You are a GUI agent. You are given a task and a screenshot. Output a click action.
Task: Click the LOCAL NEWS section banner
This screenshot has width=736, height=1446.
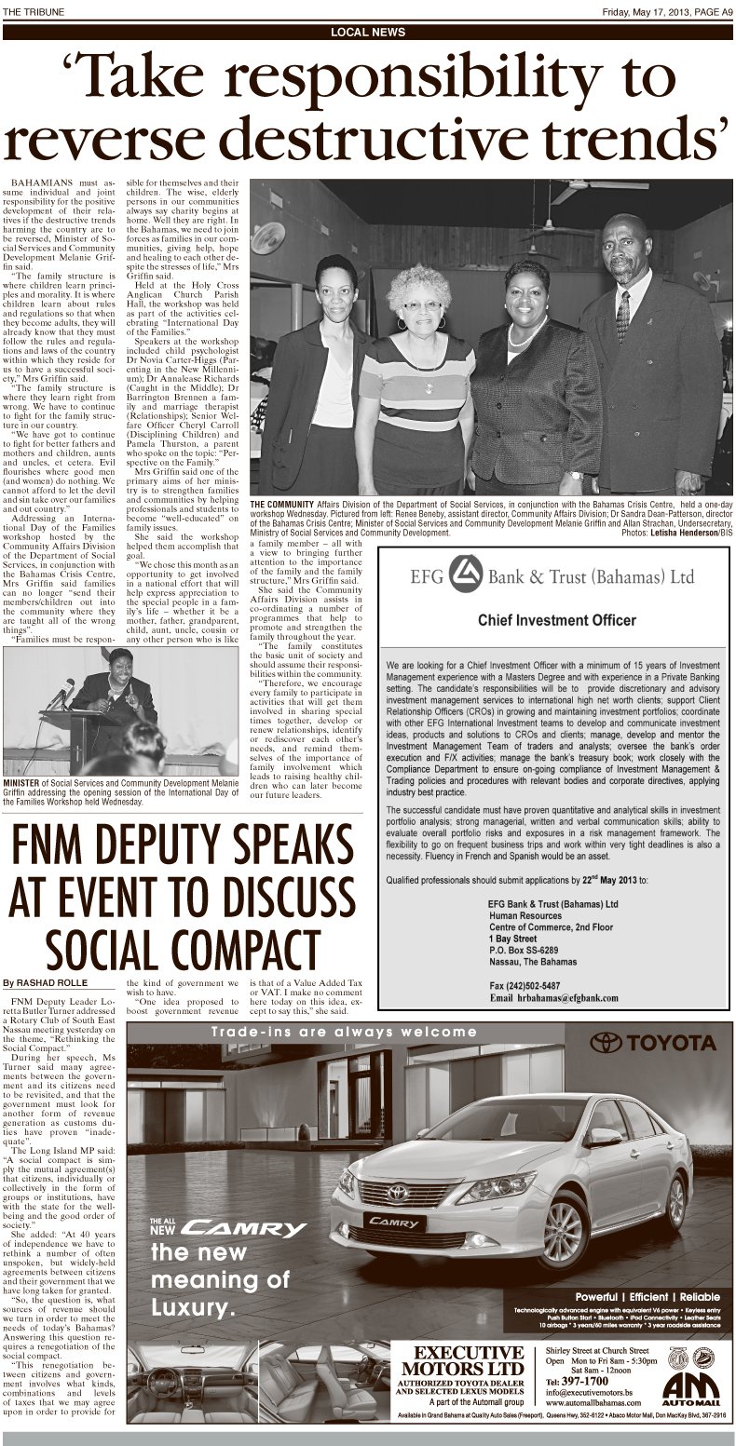coord(368,32)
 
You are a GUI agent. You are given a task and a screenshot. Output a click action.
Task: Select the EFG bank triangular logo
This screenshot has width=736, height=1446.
coord(459,575)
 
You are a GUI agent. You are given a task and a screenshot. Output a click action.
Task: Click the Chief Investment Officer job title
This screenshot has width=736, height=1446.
coord(556,620)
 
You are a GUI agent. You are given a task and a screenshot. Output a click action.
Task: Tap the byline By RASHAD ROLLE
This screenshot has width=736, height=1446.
coord(45,982)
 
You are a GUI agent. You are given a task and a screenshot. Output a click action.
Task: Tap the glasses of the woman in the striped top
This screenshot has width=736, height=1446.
coord(422,304)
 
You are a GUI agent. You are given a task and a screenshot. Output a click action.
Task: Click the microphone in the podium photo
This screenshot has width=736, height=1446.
coord(65,691)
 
